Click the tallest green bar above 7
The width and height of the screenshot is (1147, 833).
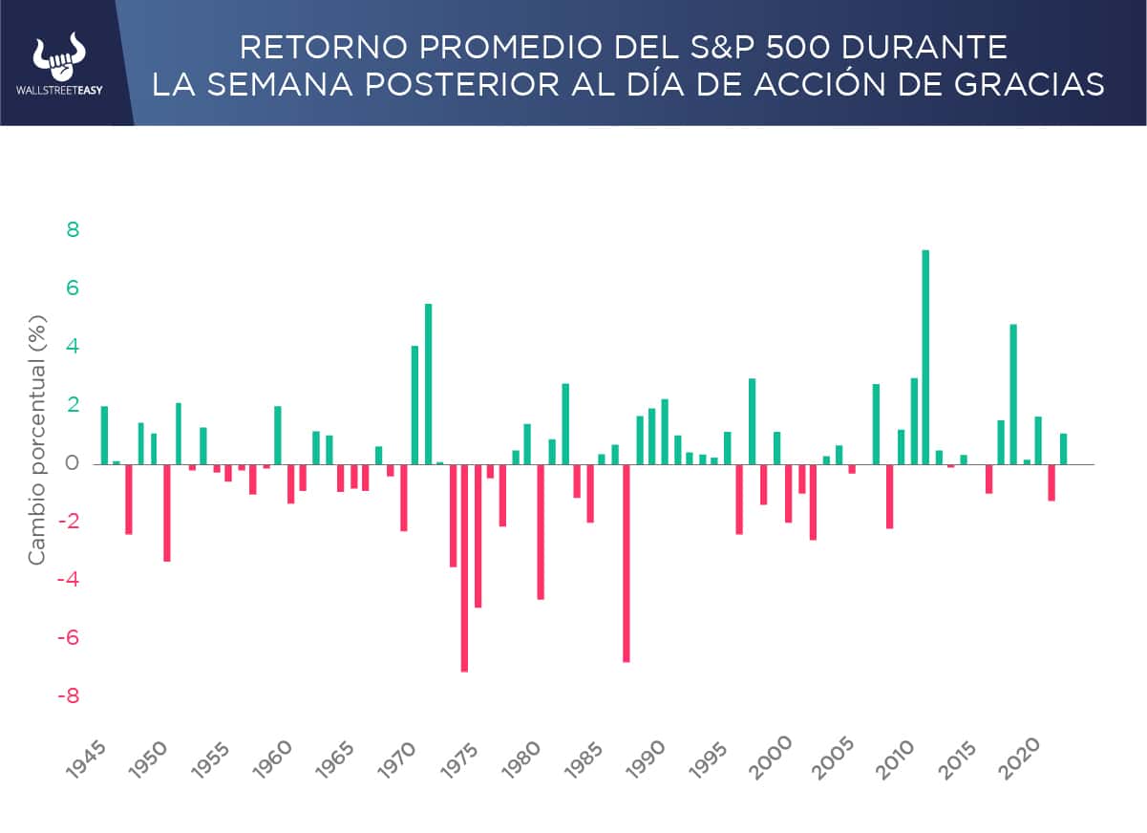pyautogui.click(x=925, y=356)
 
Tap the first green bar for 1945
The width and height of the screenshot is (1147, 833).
pyautogui.click(x=104, y=435)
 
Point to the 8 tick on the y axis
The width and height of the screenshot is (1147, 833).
pyautogui.click(x=73, y=230)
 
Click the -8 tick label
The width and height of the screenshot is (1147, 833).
pyautogui.click(x=67, y=696)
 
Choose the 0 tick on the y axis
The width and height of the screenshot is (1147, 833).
pyautogui.click(x=73, y=464)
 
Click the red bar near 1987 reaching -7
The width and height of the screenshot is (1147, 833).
pyautogui.click(x=627, y=563)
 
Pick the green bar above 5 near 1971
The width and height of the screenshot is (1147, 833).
pyautogui.click(x=428, y=383)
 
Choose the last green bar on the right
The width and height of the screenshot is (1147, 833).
pyautogui.click(x=1063, y=449)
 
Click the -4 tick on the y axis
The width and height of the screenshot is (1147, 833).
pyautogui.click(x=67, y=580)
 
